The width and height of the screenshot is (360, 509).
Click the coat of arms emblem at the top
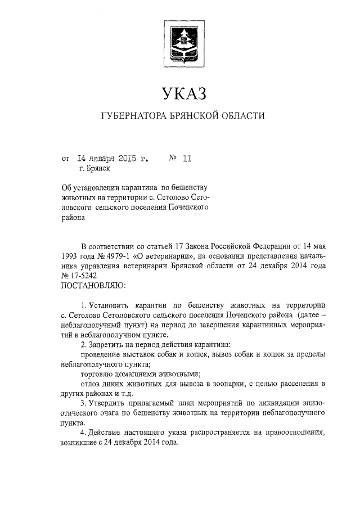pos(179,42)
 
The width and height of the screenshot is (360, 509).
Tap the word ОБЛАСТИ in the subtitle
pos(240,116)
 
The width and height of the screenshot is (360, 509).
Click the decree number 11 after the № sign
pos(187,158)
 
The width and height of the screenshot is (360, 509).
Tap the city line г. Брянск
pos(94,168)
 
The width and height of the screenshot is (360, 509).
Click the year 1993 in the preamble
pos(70,257)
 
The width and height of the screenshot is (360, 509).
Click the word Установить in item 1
pos(112,305)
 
